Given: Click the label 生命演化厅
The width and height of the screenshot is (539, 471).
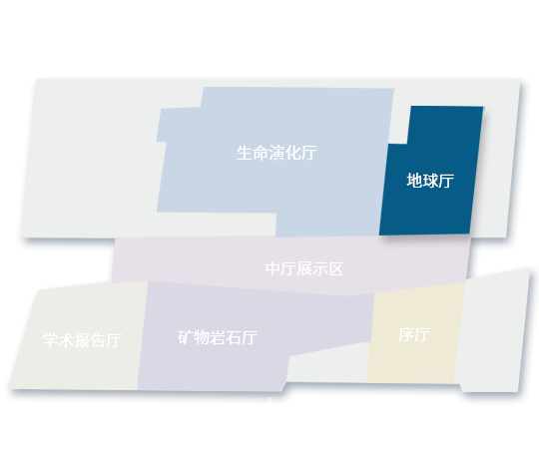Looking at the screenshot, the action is (276, 153).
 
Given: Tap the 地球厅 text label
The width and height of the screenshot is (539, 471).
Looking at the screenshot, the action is (430, 181).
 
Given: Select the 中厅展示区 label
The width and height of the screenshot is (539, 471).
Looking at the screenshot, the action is (304, 269).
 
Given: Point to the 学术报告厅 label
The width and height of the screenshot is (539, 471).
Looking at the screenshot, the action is (82, 340).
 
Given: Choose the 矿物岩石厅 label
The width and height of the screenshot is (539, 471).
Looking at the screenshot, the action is (218, 337).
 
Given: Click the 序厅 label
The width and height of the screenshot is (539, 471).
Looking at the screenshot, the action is (414, 334).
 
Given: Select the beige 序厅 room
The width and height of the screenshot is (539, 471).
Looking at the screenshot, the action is (415, 333).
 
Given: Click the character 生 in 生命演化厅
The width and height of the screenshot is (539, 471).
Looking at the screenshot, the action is (245, 153).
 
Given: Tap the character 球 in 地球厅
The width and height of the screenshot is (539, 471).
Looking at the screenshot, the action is (430, 181).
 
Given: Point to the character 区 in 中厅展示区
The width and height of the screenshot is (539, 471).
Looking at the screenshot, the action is (336, 269).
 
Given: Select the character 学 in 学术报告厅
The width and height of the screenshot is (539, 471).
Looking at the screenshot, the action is (50, 340).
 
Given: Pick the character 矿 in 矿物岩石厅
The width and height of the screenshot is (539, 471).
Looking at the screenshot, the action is (186, 337).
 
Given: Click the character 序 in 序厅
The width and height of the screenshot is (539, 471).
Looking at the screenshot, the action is (406, 334).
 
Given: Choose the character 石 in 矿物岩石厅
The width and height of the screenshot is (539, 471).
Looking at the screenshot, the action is (234, 337).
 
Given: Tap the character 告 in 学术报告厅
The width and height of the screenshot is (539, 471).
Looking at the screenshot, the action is (98, 340).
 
